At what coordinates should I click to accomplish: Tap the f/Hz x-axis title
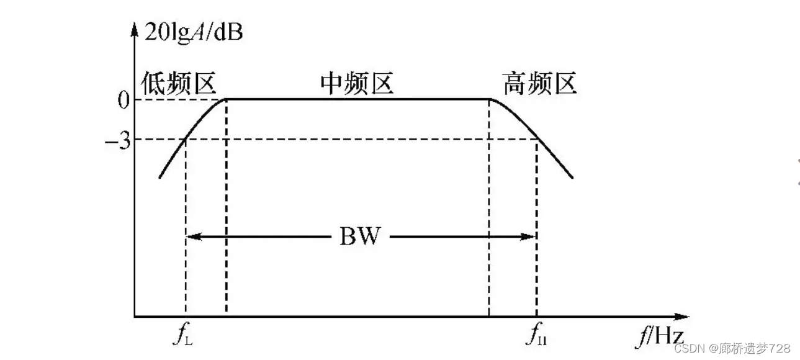point(659,337)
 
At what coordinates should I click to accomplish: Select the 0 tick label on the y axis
point(124,100)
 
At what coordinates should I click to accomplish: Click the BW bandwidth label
point(359,236)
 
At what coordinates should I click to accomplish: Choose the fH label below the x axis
point(537,337)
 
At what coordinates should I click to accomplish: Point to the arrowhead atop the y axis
point(135,29)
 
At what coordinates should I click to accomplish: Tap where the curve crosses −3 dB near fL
point(186,139)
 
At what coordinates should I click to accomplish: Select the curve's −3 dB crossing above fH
point(536,139)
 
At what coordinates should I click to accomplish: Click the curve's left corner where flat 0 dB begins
point(226,99)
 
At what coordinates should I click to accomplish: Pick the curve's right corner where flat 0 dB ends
point(489,99)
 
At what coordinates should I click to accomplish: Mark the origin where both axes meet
point(135,317)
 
